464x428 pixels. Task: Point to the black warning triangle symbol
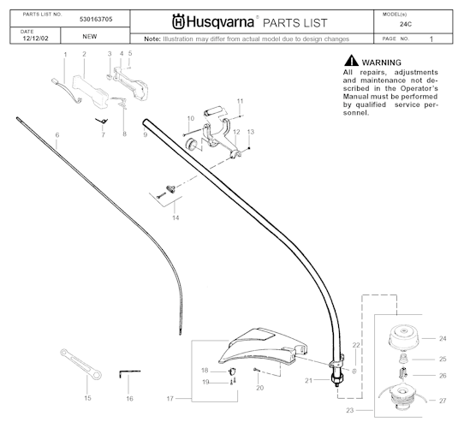[350, 62]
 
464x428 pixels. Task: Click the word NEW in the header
[89, 38]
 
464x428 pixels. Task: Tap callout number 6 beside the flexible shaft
[57, 135]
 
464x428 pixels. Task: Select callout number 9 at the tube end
[146, 135]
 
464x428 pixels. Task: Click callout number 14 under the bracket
[175, 218]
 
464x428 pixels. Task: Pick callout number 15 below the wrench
[87, 398]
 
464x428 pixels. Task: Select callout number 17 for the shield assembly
[170, 398]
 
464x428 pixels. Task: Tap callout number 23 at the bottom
[349, 411]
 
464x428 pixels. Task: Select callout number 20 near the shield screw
[259, 388]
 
